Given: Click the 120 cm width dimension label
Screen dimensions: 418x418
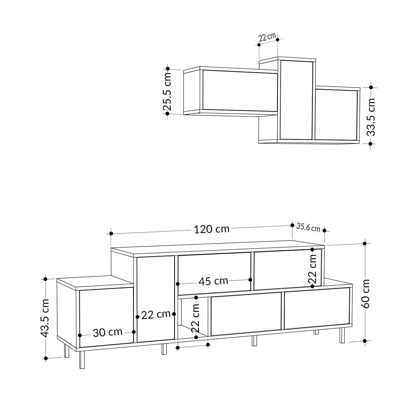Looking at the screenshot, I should click(x=211, y=229).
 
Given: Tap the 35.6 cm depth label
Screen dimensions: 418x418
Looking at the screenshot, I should click(x=308, y=228).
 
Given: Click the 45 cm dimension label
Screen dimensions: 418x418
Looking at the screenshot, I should click(x=213, y=281).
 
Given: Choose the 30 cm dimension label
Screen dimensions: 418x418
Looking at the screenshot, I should click(x=108, y=332).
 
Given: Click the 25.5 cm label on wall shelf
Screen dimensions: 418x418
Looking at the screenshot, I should click(x=167, y=91).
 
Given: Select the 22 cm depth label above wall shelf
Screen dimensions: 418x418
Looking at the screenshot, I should click(x=267, y=38).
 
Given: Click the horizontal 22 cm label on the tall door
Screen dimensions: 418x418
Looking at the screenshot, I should click(x=156, y=315).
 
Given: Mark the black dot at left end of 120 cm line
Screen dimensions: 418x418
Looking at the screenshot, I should click(x=111, y=233).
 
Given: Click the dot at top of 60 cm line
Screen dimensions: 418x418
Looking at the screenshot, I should click(x=365, y=244).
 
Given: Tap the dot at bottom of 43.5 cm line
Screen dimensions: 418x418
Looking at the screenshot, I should click(x=45, y=358).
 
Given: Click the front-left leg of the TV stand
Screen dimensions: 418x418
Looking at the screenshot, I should click(x=82, y=360).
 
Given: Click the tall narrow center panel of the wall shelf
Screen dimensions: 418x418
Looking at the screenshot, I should click(x=297, y=100).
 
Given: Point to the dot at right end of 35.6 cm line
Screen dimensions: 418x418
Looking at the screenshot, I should click(x=324, y=231).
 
